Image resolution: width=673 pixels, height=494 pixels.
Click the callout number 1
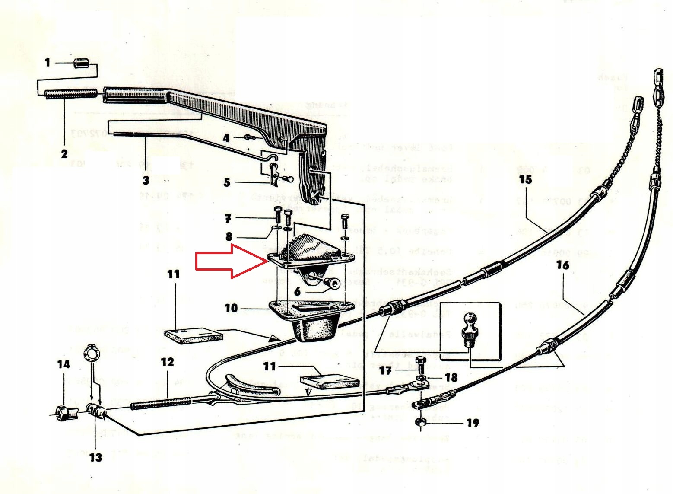[x=48, y=63]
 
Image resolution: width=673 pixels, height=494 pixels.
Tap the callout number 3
[x=146, y=180]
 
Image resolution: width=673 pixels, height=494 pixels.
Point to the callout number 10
[x=231, y=308]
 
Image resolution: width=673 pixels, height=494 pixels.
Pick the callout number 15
[x=525, y=179]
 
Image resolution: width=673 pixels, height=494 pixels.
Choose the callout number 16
[x=562, y=265]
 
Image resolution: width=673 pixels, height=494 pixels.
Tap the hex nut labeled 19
[x=420, y=422]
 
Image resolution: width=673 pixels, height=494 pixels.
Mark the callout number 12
[x=167, y=362]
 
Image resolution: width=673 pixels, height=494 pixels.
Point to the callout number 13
[x=95, y=457]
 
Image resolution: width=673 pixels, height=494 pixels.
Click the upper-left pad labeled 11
[x=194, y=335]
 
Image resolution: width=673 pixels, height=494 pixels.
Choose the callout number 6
[x=297, y=292]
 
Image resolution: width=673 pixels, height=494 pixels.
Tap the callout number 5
[x=227, y=183]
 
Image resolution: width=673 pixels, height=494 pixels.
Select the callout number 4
[x=226, y=138]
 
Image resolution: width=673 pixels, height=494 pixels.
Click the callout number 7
[x=228, y=219]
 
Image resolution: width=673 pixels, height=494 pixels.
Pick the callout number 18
[x=451, y=377]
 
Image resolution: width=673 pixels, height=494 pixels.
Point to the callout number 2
[x=64, y=153]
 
